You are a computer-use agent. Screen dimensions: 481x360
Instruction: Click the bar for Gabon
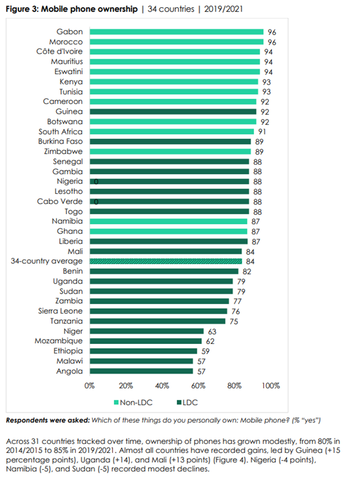click(176, 32)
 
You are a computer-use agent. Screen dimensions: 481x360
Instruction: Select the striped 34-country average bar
click(166, 261)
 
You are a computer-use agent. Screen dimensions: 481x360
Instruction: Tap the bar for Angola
click(141, 371)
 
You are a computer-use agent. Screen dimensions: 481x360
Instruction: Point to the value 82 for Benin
click(246, 272)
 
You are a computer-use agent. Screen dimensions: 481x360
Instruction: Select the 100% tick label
click(270, 386)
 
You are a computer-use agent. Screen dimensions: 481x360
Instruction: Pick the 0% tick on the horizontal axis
click(90, 386)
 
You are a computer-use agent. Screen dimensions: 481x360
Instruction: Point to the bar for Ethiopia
click(143, 351)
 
